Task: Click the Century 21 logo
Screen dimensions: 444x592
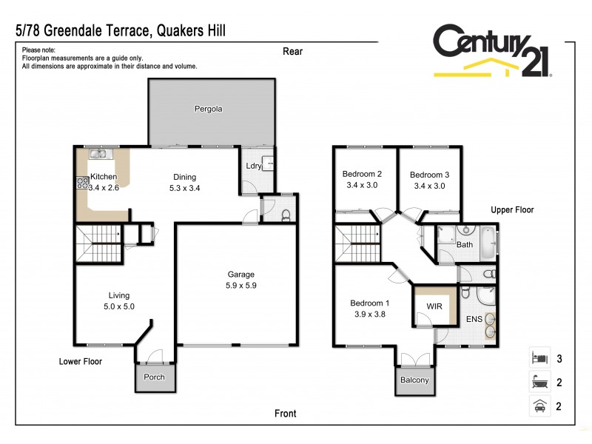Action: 492,50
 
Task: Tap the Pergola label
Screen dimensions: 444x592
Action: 208,109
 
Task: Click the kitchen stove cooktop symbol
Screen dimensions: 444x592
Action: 81,182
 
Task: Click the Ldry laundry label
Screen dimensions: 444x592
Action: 253,166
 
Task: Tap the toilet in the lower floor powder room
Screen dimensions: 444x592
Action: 286,215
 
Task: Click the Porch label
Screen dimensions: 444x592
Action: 153,377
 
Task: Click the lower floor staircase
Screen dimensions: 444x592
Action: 97,243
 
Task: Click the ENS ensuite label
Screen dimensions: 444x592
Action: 474,320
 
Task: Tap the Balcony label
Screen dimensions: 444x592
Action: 414,380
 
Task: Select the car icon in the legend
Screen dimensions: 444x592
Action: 539,406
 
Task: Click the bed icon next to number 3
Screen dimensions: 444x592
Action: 539,358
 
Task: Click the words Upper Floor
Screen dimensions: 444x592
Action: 512,209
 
